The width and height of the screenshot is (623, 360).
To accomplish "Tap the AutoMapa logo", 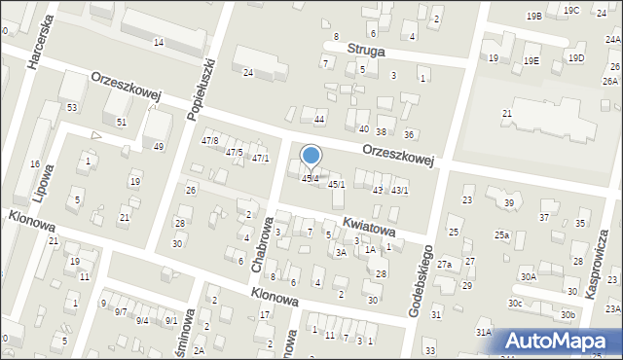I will point(560,340).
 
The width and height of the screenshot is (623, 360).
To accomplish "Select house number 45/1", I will point(336,184).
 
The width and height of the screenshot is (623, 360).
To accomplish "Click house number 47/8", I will point(209,141).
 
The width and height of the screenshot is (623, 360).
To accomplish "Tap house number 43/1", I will point(399,191).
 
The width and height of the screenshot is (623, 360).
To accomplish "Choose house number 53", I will point(71,107).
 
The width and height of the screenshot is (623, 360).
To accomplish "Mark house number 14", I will point(158,43).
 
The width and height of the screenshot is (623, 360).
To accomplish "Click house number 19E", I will point(531,60).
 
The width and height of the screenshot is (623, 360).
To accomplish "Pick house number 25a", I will point(501,235).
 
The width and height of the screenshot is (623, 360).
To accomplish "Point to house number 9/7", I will point(120,311).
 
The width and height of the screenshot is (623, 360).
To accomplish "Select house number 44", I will point(318,119).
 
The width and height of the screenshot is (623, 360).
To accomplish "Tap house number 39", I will point(508,202).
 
